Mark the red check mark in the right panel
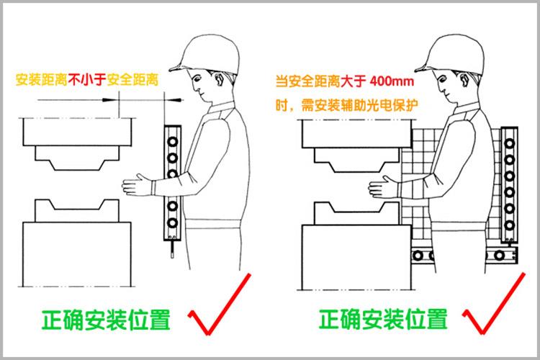click(x=495, y=306)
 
